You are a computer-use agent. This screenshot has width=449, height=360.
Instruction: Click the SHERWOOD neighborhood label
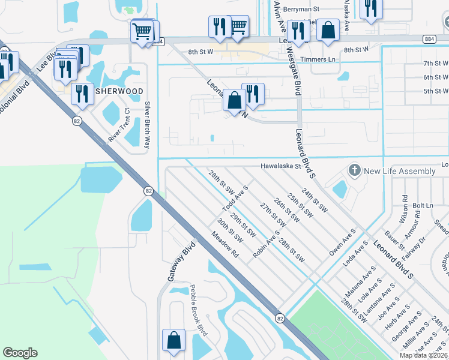coord(118,91)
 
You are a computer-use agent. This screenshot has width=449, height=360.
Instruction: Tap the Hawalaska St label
coord(280,166)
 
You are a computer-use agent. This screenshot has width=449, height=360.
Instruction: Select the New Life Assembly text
coord(400,171)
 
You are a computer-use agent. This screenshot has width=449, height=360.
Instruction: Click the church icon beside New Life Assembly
coord(354,170)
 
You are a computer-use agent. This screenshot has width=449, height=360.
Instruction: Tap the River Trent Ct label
coord(118,124)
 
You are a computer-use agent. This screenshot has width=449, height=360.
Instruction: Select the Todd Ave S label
coord(235,199)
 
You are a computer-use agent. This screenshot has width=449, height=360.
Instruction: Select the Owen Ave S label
coord(342,244)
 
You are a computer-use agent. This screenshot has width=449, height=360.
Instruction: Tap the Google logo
coord(20,353)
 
